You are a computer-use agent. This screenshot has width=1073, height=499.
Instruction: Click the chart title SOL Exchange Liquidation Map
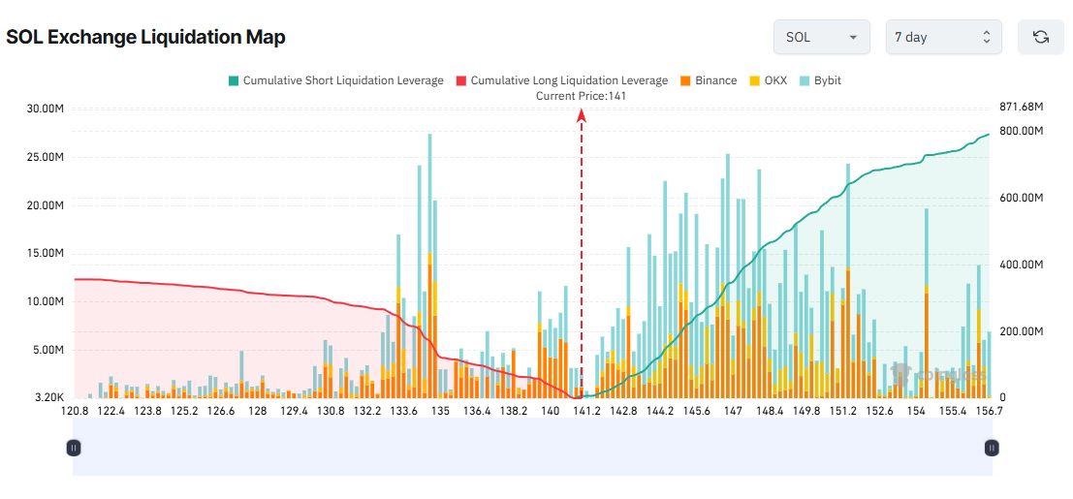145,38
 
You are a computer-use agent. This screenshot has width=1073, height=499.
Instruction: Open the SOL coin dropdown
821,38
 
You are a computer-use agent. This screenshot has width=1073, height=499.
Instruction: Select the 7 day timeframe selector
943,38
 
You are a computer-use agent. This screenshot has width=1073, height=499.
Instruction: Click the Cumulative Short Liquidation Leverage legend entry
335,80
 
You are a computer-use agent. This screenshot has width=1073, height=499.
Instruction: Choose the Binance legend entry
709,80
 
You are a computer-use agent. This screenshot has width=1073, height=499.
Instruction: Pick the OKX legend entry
768,80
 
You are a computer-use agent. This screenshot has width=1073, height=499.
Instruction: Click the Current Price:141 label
582,96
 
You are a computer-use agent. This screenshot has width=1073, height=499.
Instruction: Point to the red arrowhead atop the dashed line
582,114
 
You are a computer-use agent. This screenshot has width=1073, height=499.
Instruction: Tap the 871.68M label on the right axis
1022,106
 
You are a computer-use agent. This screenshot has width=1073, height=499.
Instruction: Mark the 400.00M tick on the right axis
1022,265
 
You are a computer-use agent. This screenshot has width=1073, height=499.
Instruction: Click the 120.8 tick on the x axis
75,411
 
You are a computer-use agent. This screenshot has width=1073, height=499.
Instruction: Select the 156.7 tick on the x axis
989,411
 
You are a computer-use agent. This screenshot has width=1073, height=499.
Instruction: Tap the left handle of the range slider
74,448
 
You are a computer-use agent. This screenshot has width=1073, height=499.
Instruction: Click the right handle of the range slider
992,448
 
